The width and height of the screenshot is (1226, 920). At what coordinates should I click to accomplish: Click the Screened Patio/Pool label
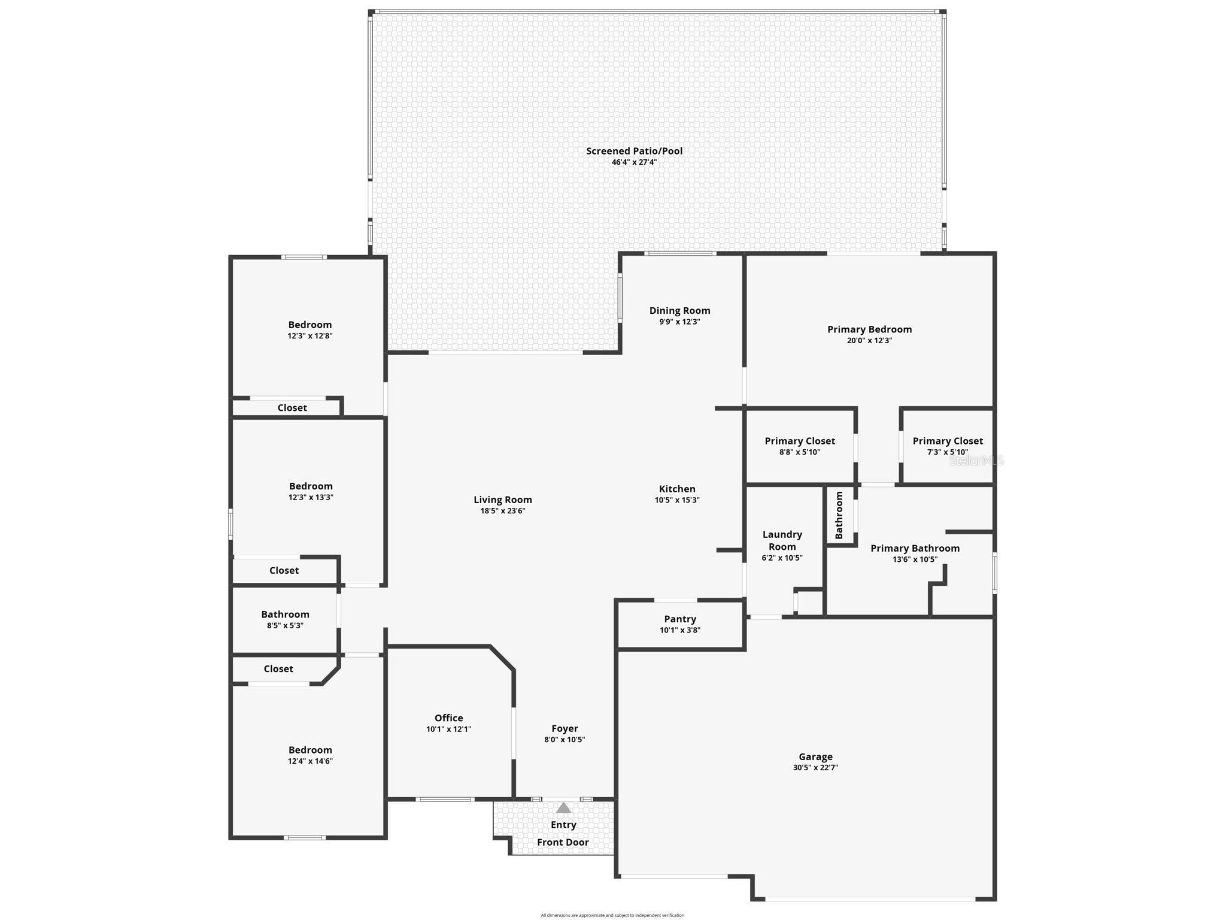coord(634,151)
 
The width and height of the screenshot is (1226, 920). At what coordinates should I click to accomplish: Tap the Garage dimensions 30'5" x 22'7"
coord(815,768)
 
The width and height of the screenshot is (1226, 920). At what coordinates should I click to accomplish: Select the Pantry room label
coord(680,619)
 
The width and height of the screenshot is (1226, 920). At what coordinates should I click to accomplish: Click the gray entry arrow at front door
coord(563,808)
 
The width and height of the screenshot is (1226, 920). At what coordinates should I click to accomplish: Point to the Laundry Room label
coord(782,540)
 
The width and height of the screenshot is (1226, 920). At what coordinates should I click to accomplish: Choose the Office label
coord(448,718)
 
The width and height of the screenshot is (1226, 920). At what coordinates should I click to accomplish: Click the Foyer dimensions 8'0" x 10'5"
coord(565,740)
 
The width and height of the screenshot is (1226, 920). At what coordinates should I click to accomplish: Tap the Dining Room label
coord(679,310)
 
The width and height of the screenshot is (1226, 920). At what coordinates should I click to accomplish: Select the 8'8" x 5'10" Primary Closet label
coord(800,441)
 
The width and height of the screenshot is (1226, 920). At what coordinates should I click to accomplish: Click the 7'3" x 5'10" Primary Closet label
coord(948,441)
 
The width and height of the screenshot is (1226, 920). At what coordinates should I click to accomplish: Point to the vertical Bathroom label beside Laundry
coord(839,515)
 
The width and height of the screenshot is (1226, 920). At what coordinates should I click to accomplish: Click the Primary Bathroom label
coord(915,548)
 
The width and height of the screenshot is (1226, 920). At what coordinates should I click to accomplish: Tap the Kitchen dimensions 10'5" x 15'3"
coord(677,500)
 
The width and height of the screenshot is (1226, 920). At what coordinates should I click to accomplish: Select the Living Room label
coord(502,500)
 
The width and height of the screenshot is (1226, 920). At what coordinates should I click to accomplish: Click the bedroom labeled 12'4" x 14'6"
coord(310,750)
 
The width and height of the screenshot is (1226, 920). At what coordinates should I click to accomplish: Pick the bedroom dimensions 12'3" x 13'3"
coord(311,497)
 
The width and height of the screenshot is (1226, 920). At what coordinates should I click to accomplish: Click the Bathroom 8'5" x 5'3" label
coord(285,614)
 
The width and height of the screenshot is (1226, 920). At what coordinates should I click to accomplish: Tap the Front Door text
coord(563,842)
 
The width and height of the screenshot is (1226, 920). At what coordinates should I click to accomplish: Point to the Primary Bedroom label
coord(869,329)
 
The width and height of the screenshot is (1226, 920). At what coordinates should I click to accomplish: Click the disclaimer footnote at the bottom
coord(612,915)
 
